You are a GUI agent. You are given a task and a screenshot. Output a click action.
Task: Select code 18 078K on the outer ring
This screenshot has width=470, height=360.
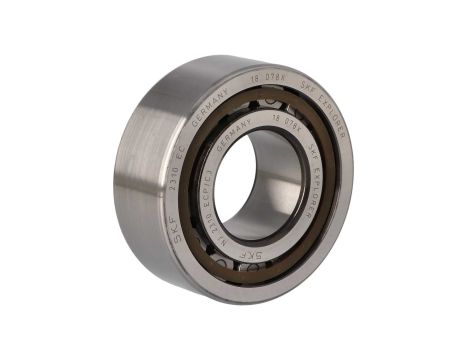[262, 79]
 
